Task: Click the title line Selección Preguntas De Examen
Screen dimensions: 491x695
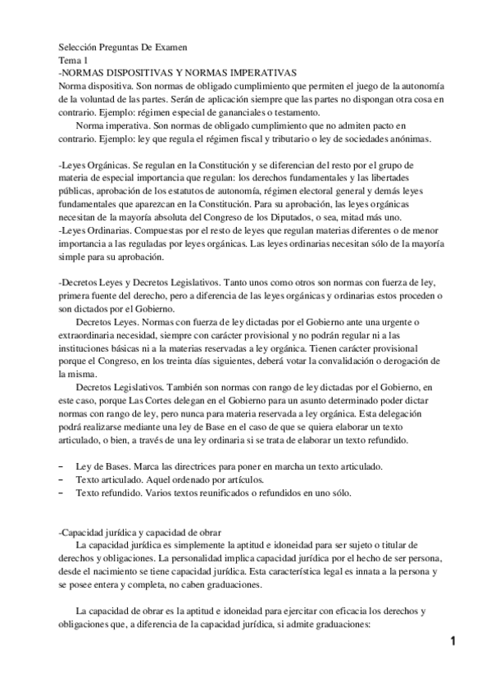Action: point(123,48)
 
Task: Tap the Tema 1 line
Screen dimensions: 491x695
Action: point(75,60)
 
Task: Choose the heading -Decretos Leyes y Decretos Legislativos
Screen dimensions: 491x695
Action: point(139,283)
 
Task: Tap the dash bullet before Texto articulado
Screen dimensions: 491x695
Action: point(62,479)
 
